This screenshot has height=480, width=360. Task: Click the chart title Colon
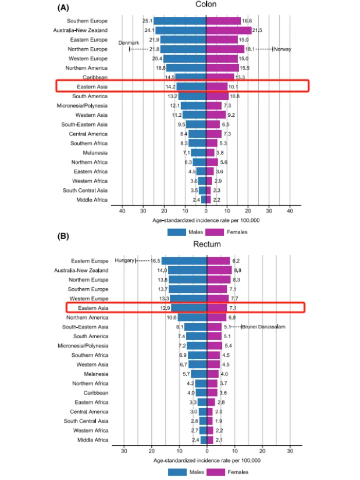click(206, 5)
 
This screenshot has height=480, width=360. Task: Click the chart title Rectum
click(207, 244)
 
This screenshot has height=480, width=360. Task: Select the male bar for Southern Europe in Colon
click(180, 21)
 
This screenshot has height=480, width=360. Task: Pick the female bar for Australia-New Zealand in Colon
click(229, 30)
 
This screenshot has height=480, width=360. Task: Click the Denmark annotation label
click(129, 43)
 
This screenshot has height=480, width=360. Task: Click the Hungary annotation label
click(124, 261)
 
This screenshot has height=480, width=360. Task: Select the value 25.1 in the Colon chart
click(147, 21)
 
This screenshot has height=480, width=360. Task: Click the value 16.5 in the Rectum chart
click(155, 261)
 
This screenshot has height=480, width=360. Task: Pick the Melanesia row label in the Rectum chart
click(96, 374)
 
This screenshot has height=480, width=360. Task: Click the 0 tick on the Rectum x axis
click(207, 450)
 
